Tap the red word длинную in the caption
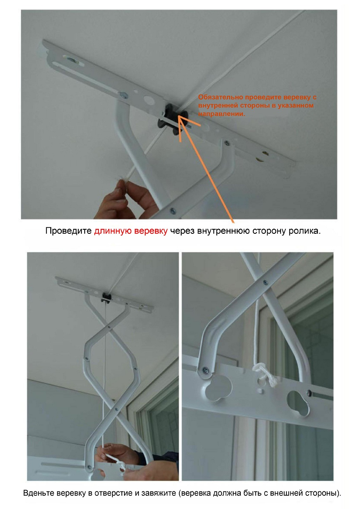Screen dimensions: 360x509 [112, 231]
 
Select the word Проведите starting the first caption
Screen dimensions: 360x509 [68, 231]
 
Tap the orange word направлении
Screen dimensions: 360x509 [221, 114]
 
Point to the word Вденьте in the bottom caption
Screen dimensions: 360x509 [38, 493]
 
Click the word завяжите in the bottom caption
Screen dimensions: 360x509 [159, 493]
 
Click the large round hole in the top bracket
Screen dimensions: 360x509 [148, 99]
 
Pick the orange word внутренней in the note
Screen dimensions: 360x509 [218, 106]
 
